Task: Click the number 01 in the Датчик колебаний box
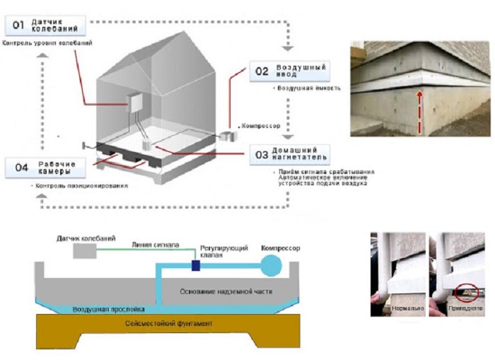(x=19, y=26)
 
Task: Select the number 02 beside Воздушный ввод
(x=262, y=71)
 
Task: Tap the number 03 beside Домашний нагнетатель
(x=262, y=153)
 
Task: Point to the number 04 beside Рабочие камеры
(x=22, y=168)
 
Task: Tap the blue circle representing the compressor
(x=272, y=266)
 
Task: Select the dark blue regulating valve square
(x=196, y=266)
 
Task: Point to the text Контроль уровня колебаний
(x=47, y=45)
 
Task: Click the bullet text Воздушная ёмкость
(x=308, y=89)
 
